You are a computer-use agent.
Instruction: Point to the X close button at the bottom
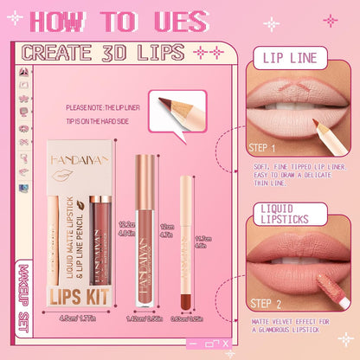coord(227,345)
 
